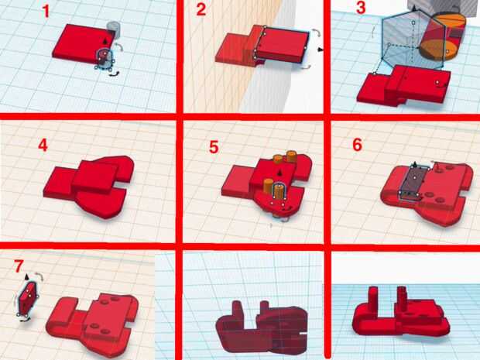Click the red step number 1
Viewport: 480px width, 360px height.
[x=46, y=11]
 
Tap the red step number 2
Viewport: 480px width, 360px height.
[x=201, y=9]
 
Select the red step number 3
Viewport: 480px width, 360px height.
[x=361, y=7]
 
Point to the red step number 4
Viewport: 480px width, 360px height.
[x=43, y=145]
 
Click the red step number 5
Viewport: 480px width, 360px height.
[x=214, y=147]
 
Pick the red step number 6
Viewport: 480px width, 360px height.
[x=357, y=145]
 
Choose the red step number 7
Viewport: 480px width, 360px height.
[x=19, y=266]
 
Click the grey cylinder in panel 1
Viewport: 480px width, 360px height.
[x=113, y=29]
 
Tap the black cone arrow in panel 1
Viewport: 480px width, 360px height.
[x=105, y=41]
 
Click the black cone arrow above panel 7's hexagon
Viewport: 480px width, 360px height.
[x=26, y=276]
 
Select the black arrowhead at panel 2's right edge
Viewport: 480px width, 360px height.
[x=321, y=50]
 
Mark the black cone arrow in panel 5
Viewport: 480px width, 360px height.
[x=279, y=173]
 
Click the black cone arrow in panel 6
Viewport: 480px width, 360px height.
[x=415, y=164]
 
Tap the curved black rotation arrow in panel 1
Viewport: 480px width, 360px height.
[x=114, y=74]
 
